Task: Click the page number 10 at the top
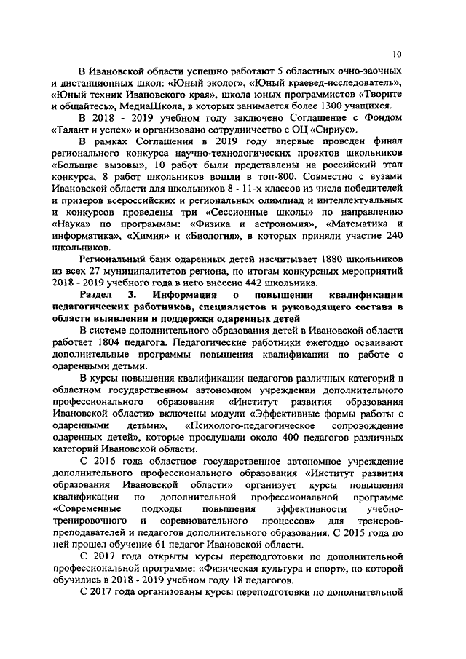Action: click(397, 53)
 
